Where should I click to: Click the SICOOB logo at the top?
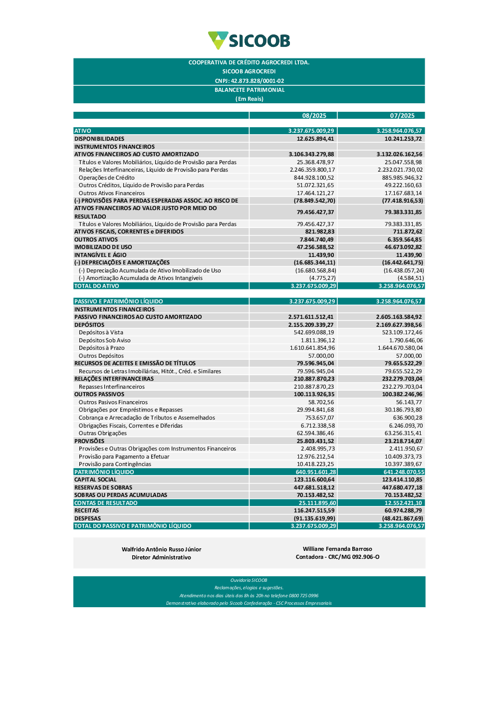coord(249,40)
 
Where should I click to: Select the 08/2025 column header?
coord(314,116)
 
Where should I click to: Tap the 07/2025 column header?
coord(402,116)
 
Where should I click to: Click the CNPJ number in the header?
coord(249,81)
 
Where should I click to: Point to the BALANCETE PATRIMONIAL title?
coord(249,90)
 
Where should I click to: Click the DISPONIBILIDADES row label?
coord(99,139)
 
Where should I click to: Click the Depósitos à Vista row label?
coord(101,332)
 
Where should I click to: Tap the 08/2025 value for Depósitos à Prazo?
coord(312,348)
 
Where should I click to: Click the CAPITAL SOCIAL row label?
coord(95,479)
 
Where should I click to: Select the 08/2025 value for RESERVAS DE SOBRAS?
coord(314,487)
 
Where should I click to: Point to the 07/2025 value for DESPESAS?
coord(403,518)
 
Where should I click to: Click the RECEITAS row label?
coord(87,510)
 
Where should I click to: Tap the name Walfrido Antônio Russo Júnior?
coord(161,549)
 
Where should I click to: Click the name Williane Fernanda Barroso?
coord(337,549)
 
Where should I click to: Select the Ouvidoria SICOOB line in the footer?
coord(249,580)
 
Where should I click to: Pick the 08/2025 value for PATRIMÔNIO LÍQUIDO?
coord(316,472)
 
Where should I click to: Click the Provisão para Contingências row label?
coord(115,464)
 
